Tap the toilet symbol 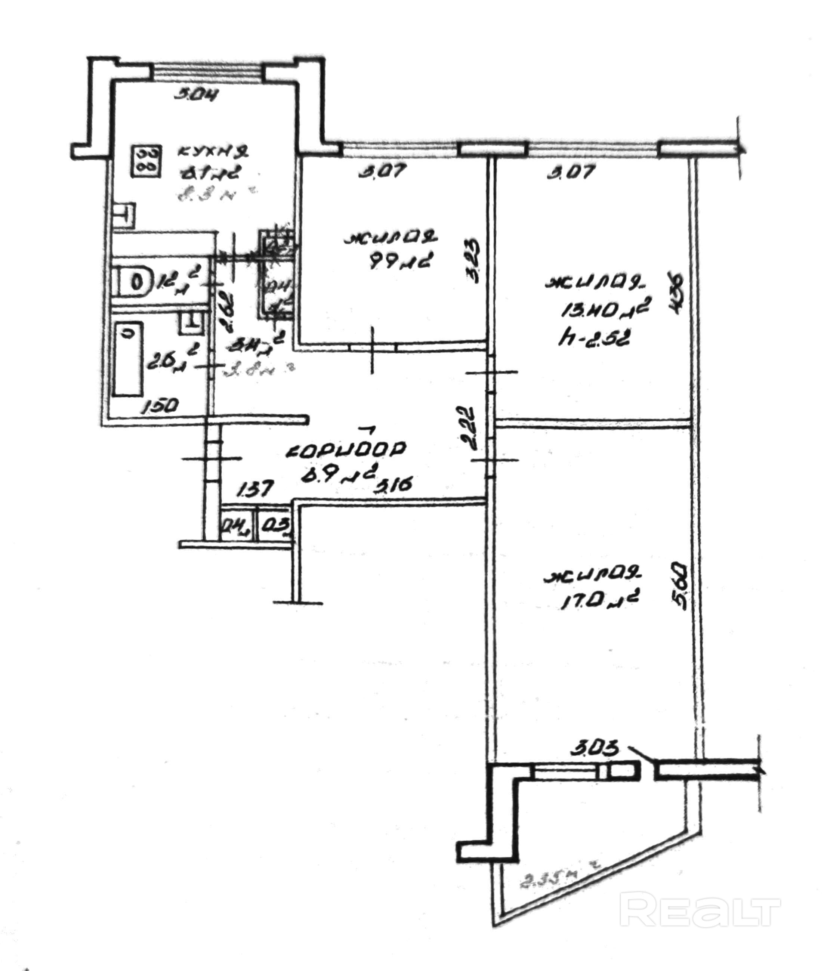[x=135, y=282]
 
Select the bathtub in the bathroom [x=129, y=360]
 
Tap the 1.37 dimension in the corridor [x=254, y=490]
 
